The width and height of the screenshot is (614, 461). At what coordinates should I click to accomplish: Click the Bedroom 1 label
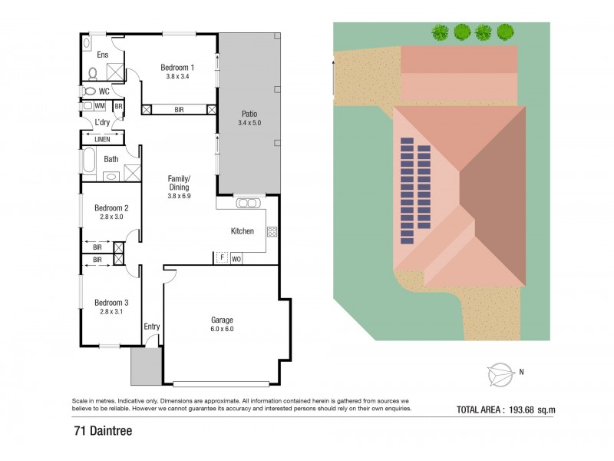177,68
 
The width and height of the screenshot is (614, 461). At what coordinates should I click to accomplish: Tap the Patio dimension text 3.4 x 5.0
249,123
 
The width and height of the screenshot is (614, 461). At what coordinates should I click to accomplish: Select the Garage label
222,320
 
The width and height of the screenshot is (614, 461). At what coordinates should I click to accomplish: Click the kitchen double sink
248,204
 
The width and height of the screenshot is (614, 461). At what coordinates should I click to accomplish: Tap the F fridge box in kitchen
220,258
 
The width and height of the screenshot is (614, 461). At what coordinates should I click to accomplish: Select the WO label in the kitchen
236,259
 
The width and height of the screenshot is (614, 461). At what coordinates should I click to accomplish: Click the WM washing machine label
100,106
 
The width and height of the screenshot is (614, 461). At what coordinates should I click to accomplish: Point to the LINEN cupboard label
102,139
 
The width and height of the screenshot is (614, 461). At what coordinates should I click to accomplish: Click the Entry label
152,327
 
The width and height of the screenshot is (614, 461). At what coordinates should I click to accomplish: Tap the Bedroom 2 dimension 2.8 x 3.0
111,217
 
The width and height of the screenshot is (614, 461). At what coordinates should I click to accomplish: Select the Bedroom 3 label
111,303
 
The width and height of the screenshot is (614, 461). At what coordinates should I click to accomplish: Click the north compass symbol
500,373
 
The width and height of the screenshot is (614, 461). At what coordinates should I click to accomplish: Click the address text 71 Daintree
103,431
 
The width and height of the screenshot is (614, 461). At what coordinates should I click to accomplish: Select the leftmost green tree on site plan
440,32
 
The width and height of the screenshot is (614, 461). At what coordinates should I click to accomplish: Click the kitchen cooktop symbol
271,231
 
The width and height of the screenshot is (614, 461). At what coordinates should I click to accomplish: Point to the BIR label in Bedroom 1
179,110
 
